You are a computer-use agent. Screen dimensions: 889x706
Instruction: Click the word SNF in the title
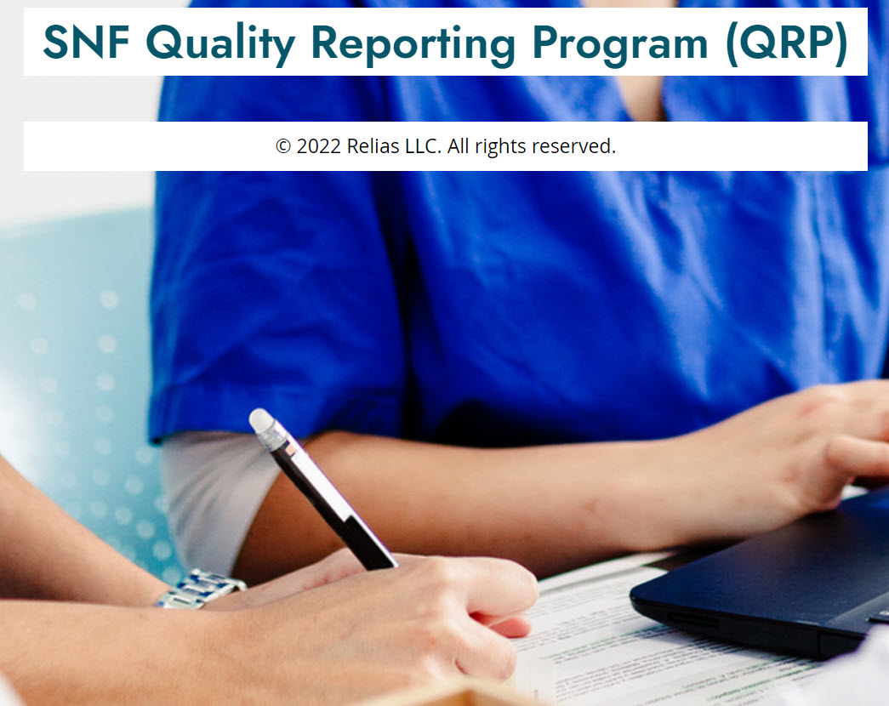coord(86,43)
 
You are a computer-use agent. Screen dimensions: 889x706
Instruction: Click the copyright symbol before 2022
coord(283,146)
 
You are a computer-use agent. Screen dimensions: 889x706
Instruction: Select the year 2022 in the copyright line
coord(319,146)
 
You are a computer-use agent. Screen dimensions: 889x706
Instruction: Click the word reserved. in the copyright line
coord(573,146)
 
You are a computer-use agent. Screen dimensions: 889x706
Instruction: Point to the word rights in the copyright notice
coord(500,147)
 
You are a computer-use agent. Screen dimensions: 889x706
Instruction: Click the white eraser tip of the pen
coord(262,420)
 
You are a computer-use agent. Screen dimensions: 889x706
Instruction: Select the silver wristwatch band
coord(201,589)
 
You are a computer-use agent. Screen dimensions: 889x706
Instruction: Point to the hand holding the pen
coord(397,618)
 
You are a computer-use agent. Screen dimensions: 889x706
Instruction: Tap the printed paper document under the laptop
coord(652,652)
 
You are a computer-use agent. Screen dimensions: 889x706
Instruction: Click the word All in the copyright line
coord(458,146)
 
